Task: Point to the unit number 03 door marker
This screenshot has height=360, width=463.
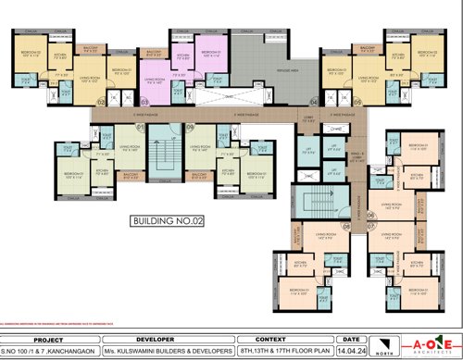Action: point(144,100)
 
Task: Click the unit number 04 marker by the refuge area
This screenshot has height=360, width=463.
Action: point(312,100)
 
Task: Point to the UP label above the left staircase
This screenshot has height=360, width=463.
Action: point(167,140)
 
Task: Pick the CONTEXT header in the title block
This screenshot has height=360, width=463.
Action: point(277,339)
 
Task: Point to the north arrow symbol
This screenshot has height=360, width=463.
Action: point(389,344)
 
